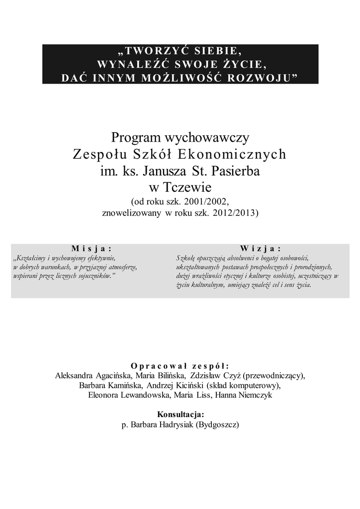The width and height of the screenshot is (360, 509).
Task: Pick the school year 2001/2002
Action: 204,202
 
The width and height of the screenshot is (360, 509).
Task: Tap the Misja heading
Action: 91,248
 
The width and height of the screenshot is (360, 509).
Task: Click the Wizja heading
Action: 260,248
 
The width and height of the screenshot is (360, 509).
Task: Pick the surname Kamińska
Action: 126,385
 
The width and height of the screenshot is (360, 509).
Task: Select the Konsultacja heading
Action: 180,415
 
